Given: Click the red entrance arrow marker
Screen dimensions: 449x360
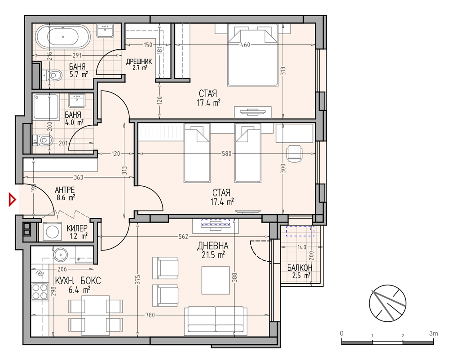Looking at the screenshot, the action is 12,200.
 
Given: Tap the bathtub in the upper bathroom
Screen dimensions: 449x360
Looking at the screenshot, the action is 63,37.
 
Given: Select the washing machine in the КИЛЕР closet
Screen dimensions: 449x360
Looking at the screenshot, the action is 52,231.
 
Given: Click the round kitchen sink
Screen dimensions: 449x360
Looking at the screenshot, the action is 61,254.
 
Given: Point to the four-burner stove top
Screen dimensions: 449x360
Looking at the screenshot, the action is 40,291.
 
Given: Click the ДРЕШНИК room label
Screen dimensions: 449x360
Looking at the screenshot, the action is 139,61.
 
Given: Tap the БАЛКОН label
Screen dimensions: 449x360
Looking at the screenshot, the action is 300,268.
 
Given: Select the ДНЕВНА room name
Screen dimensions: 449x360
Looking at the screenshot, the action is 213,246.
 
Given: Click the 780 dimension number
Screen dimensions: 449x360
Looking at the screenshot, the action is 150,315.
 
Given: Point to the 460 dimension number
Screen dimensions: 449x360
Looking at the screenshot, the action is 245,44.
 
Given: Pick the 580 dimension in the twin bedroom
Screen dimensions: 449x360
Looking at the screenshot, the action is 226,154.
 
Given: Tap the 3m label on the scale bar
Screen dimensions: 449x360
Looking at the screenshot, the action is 434,334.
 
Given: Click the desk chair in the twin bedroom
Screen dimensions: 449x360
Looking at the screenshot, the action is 295,154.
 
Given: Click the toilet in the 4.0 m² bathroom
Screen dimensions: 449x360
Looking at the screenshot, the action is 43,140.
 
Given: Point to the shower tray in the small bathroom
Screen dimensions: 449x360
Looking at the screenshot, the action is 46,107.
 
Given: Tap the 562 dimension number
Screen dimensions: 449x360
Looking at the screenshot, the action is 183,237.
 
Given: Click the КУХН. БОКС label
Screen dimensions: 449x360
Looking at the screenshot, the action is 78,281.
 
